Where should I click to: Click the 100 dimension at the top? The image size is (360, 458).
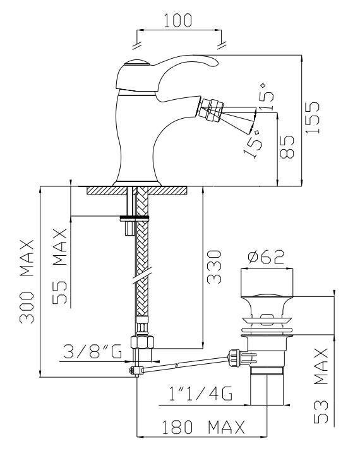(x=177, y=20)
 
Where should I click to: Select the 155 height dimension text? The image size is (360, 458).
(x=313, y=118)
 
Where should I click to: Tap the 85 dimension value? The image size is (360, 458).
(x=287, y=147)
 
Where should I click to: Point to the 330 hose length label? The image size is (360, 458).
(x=214, y=267)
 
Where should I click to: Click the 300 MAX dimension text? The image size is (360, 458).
(x=27, y=281)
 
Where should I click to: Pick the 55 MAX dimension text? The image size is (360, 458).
(x=60, y=267)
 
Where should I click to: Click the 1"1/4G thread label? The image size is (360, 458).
(x=201, y=393)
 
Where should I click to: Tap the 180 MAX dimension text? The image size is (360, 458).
(x=203, y=427)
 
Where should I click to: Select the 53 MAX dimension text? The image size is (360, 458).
(x=321, y=386)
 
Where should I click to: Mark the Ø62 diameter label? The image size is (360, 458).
(x=266, y=256)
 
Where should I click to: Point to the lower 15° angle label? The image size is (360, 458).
(x=253, y=143)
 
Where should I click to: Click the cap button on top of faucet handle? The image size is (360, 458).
(x=137, y=63)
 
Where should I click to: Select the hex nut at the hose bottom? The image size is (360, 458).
(x=142, y=342)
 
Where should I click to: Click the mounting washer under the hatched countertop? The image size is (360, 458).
(x=135, y=217)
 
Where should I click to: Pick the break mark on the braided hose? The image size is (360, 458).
(x=142, y=276)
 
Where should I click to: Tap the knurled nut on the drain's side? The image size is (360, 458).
(x=234, y=358)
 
